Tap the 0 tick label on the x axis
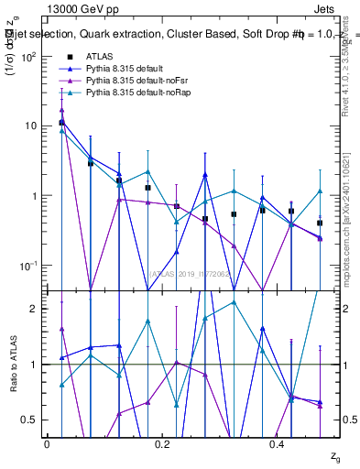tap(47, 444)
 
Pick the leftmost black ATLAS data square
tap(61, 122)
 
